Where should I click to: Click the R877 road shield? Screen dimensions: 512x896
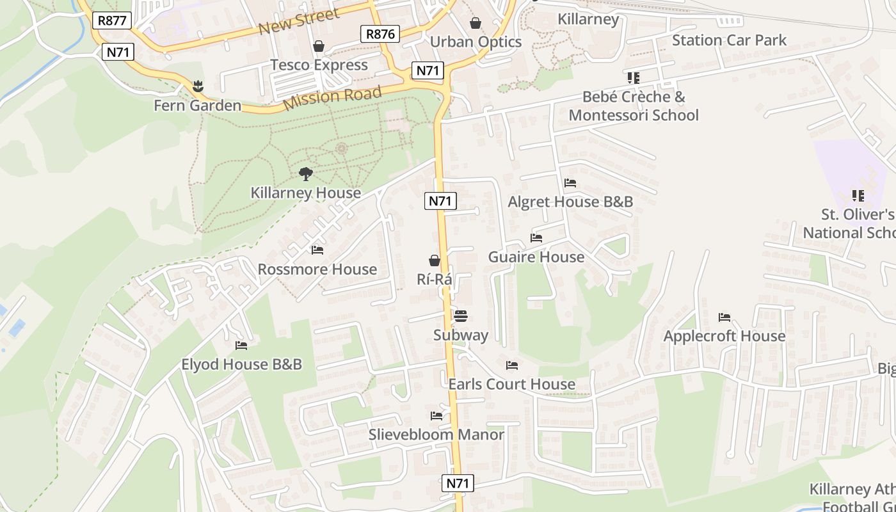[113, 20]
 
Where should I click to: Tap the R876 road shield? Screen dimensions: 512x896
[380, 34]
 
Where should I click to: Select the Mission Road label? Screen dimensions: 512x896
[332, 97]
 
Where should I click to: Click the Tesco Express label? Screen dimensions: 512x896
[319, 65]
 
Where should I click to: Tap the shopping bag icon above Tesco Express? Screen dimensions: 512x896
[319, 46]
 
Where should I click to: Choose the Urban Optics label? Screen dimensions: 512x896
[476, 42]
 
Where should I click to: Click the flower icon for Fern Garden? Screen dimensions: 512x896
[198, 86]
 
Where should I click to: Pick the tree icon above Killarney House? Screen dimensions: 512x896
[306, 173]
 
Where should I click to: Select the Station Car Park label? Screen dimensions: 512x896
[729, 40]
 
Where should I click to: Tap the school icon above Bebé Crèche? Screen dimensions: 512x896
[633, 78]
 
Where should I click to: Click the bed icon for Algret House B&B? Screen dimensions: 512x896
[570, 183]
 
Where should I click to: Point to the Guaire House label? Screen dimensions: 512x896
[536, 257]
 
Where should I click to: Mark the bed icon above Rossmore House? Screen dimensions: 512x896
[317, 250]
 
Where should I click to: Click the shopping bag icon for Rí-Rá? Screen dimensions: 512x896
[435, 260]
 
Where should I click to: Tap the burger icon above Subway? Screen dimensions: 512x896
[460, 316]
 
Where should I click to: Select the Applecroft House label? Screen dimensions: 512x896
[724, 336]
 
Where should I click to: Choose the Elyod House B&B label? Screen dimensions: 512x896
[241, 365]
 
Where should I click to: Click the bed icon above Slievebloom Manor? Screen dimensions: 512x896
[436, 416]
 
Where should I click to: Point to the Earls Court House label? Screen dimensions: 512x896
[511, 384]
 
